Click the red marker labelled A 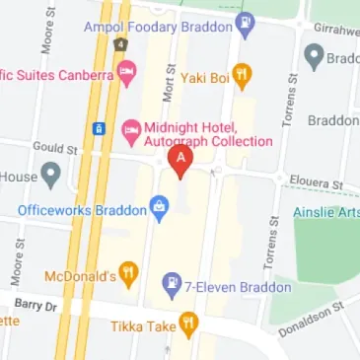coord(180,161)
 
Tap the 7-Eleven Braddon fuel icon coord(172,286)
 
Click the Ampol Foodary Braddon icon coord(246,23)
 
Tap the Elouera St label coord(317,183)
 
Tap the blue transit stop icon coord(100,128)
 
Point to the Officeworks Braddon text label coord(81,209)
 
